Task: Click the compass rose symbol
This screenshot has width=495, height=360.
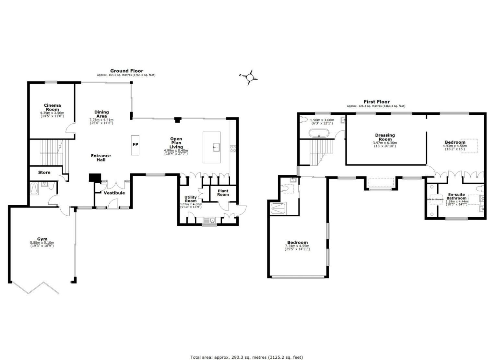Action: tap(250, 78)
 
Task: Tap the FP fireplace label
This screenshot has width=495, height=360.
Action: tap(135, 145)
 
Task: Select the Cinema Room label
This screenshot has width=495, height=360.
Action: tap(52, 107)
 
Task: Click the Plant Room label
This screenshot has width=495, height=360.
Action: tap(223, 193)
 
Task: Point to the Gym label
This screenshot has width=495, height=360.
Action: tap(42, 239)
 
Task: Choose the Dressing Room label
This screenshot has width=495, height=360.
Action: tap(385, 137)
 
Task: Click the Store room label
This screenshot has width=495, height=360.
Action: tap(44, 173)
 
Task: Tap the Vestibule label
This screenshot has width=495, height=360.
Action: tap(114, 193)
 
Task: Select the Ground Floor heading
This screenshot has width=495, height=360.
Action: tap(126, 71)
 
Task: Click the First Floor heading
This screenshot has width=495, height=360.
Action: tap(376, 102)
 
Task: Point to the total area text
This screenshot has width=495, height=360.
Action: tap(246, 357)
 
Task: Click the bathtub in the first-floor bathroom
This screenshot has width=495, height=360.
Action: tap(319, 133)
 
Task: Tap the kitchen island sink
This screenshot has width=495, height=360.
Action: tap(216, 147)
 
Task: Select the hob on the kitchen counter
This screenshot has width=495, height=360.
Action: tap(233, 149)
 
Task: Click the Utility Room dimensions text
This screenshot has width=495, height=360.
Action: tap(191, 206)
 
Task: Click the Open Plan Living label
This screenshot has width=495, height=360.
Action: tap(176, 143)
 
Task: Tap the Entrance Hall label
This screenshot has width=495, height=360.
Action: tap(101, 158)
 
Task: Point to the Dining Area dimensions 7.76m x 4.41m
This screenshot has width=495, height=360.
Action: tap(101, 120)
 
